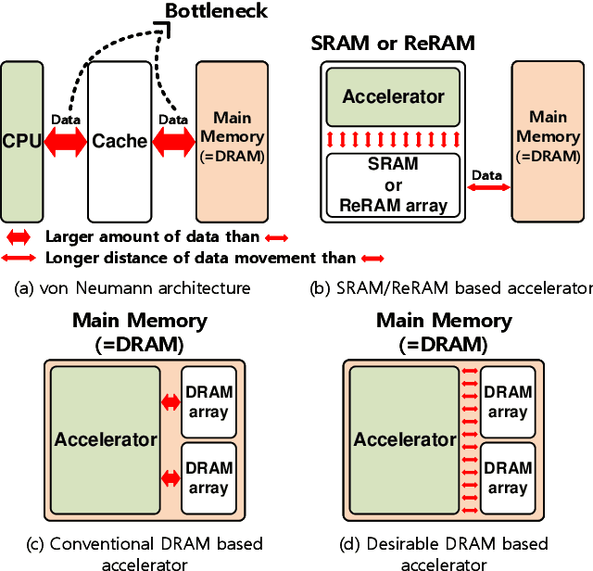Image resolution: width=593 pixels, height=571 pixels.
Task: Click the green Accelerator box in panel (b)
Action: coord(393,97)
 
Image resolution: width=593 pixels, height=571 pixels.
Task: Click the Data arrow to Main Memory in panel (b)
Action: coord(488,187)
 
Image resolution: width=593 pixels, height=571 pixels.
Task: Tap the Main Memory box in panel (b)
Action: coord(549,141)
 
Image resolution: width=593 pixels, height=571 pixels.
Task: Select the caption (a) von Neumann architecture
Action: coord(133,288)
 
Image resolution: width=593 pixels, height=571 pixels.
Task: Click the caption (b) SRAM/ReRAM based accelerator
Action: coord(450,288)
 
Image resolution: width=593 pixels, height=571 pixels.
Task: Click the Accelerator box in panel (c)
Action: coord(105,438)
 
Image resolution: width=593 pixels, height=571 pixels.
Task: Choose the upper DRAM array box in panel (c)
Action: coord(209,402)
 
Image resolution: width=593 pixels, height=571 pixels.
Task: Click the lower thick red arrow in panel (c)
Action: coord(170,478)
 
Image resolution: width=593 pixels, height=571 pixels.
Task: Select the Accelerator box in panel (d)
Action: coord(404,438)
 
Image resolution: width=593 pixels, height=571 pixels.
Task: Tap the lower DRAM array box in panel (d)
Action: coord(508,478)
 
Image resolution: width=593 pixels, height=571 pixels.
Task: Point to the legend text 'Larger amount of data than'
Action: coord(153,237)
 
